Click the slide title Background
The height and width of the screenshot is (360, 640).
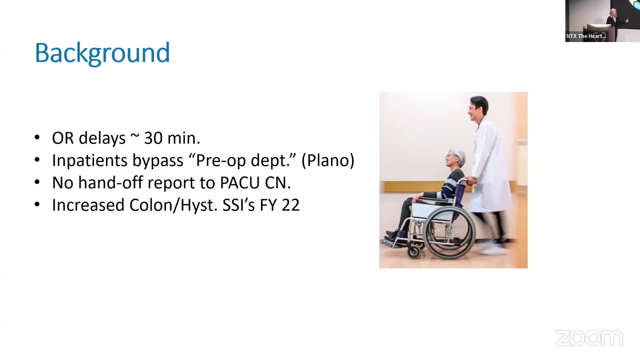click(102, 53)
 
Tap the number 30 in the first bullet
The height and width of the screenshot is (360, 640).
click(153, 138)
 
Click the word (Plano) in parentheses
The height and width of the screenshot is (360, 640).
click(328, 161)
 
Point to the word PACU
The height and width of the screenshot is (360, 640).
click(240, 183)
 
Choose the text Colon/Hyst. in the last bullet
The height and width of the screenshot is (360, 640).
click(173, 205)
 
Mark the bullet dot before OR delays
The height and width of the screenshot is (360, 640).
click(37, 137)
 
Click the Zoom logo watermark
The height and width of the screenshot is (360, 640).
click(589, 338)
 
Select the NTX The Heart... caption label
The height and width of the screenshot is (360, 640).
click(586, 36)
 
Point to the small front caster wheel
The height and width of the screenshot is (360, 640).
click(414, 252)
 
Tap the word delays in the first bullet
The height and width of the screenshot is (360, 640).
click(102, 138)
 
